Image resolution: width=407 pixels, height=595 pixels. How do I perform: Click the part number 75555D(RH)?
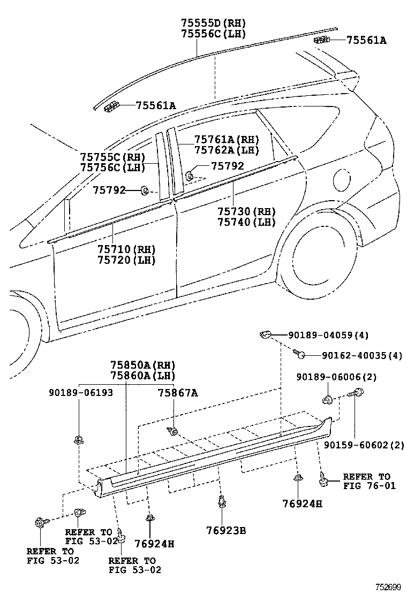pos(213,23)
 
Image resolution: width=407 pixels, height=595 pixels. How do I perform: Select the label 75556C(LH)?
pos(213,34)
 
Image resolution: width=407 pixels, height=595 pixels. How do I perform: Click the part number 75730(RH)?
pos(246,211)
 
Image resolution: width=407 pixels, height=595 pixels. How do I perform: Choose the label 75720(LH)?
pos(126,261)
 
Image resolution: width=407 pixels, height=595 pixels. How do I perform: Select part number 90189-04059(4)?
pos(328,335)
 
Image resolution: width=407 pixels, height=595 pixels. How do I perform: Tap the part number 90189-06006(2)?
pos(336,377)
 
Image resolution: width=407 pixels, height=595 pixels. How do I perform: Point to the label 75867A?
pos(178,393)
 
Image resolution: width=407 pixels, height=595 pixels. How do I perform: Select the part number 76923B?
pos(225,530)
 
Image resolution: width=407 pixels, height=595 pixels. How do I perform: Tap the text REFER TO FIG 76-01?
pos(367,481)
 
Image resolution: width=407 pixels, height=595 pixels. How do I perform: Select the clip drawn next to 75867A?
pos(173,431)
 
